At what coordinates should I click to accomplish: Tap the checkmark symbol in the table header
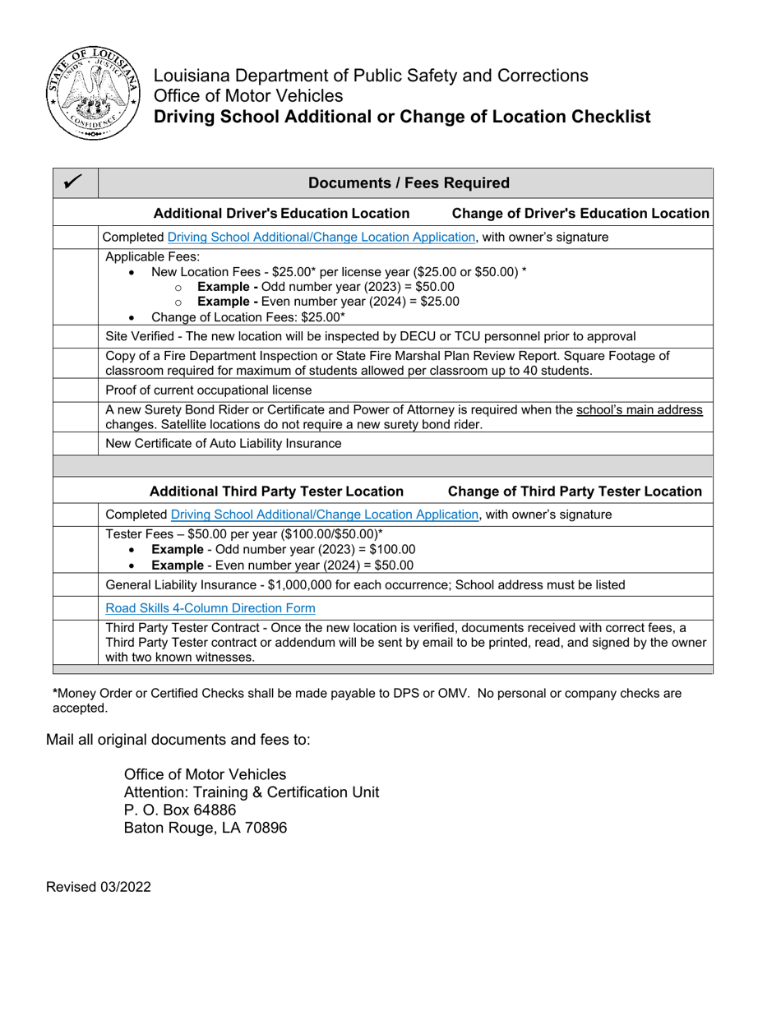click(74, 182)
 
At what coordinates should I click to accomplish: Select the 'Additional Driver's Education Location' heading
click(282, 214)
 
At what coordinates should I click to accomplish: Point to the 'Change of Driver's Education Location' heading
click(580, 214)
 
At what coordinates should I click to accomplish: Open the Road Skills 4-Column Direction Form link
click(210, 608)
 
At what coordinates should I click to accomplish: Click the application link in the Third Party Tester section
click(326, 515)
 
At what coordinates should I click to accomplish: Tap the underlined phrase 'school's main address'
click(640, 409)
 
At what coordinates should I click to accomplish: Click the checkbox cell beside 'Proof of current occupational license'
click(76, 390)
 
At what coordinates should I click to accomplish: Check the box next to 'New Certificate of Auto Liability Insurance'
click(76, 444)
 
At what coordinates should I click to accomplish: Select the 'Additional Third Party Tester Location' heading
click(276, 492)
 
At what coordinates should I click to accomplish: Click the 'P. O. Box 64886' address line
click(180, 810)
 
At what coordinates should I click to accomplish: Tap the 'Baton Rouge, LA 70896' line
click(206, 828)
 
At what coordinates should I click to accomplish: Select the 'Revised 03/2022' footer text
click(99, 887)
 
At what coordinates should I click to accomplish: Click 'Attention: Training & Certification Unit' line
click(252, 792)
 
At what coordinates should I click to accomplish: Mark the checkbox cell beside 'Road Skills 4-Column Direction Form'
click(76, 608)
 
